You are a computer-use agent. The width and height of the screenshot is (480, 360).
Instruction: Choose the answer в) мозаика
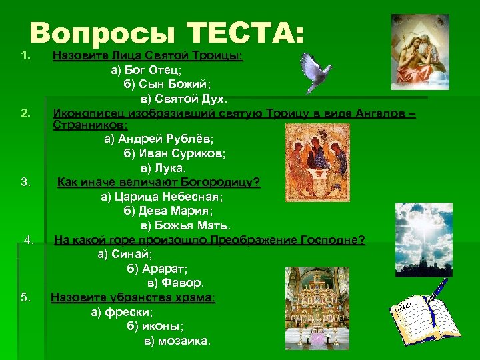(177, 340)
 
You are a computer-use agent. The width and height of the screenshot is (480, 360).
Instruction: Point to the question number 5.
(26, 297)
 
